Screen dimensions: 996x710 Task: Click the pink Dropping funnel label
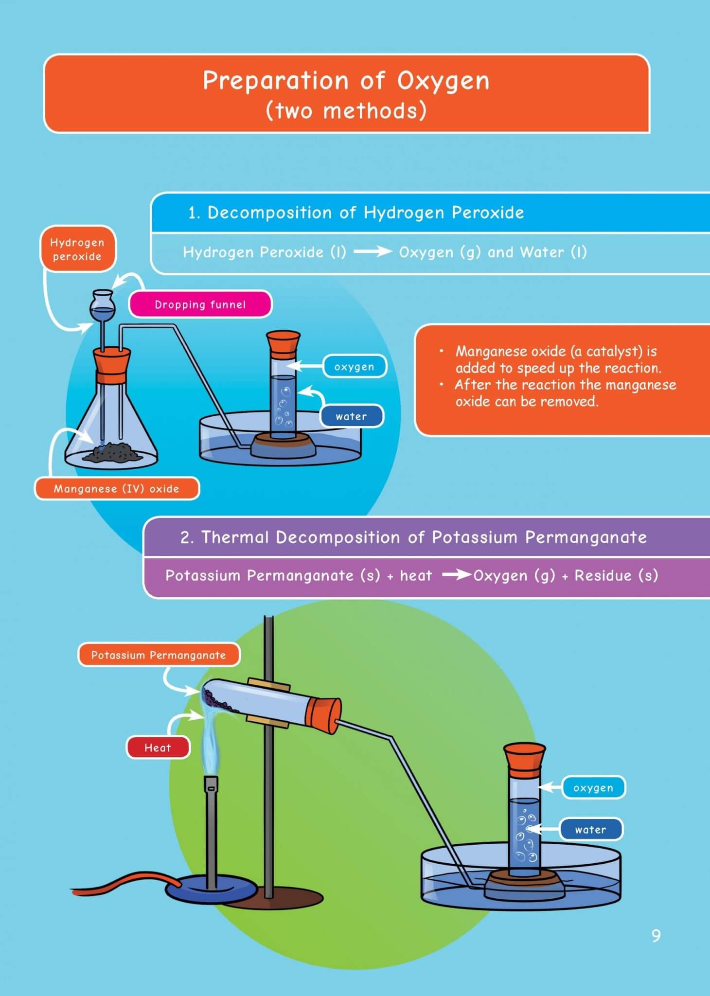click(200, 304)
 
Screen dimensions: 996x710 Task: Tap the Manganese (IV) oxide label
click(117, 488)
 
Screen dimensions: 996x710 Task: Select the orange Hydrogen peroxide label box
click(77, 249)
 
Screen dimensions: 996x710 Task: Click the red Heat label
click(158, 747)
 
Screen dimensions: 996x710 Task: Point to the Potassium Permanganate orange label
click(159, 655)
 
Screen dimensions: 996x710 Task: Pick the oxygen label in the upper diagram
click(355, 367)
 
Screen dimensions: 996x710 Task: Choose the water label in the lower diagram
click(591, 829)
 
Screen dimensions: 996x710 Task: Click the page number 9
click(656, 935)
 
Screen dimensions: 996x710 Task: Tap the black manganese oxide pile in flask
click(113, 452)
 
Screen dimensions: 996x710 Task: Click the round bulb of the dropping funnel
click(102, 306)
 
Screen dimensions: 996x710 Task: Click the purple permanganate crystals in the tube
click(213, 700)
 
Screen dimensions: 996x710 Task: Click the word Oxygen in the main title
click(443, 81)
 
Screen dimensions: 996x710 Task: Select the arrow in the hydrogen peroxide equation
click(373, 251)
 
